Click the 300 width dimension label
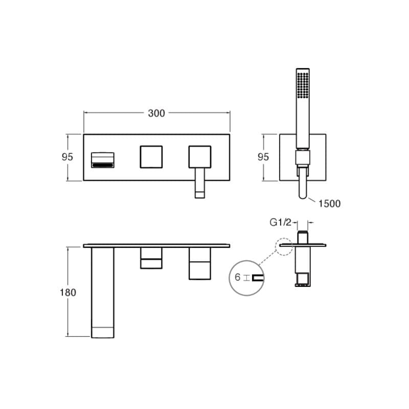[156, 113]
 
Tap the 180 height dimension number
[68, 292]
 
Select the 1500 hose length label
[329, 203]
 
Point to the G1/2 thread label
[280, 222]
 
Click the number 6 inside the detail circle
[237, 277]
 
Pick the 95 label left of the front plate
[67, 157]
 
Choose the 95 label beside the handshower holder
[263, 157]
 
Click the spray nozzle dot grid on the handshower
[303, 85]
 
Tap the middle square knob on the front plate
[151, 157]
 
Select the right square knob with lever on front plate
[200, 157]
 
